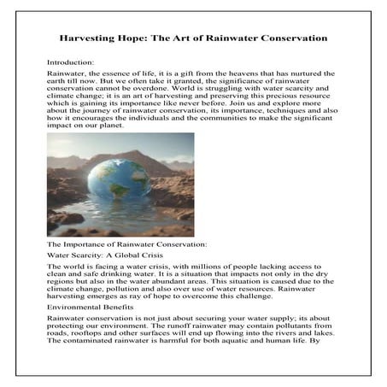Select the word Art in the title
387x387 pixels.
tap(200, 39)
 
